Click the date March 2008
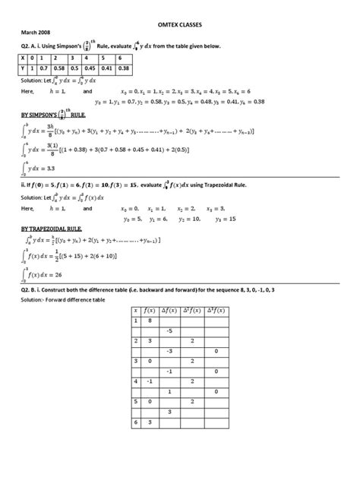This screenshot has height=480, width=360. pyautogui.click(x=35, y=33)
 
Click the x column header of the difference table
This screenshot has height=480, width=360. pyautogui.click(x=135, y=310)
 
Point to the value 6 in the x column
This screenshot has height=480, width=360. pyautogui.click(x=135, y=422)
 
